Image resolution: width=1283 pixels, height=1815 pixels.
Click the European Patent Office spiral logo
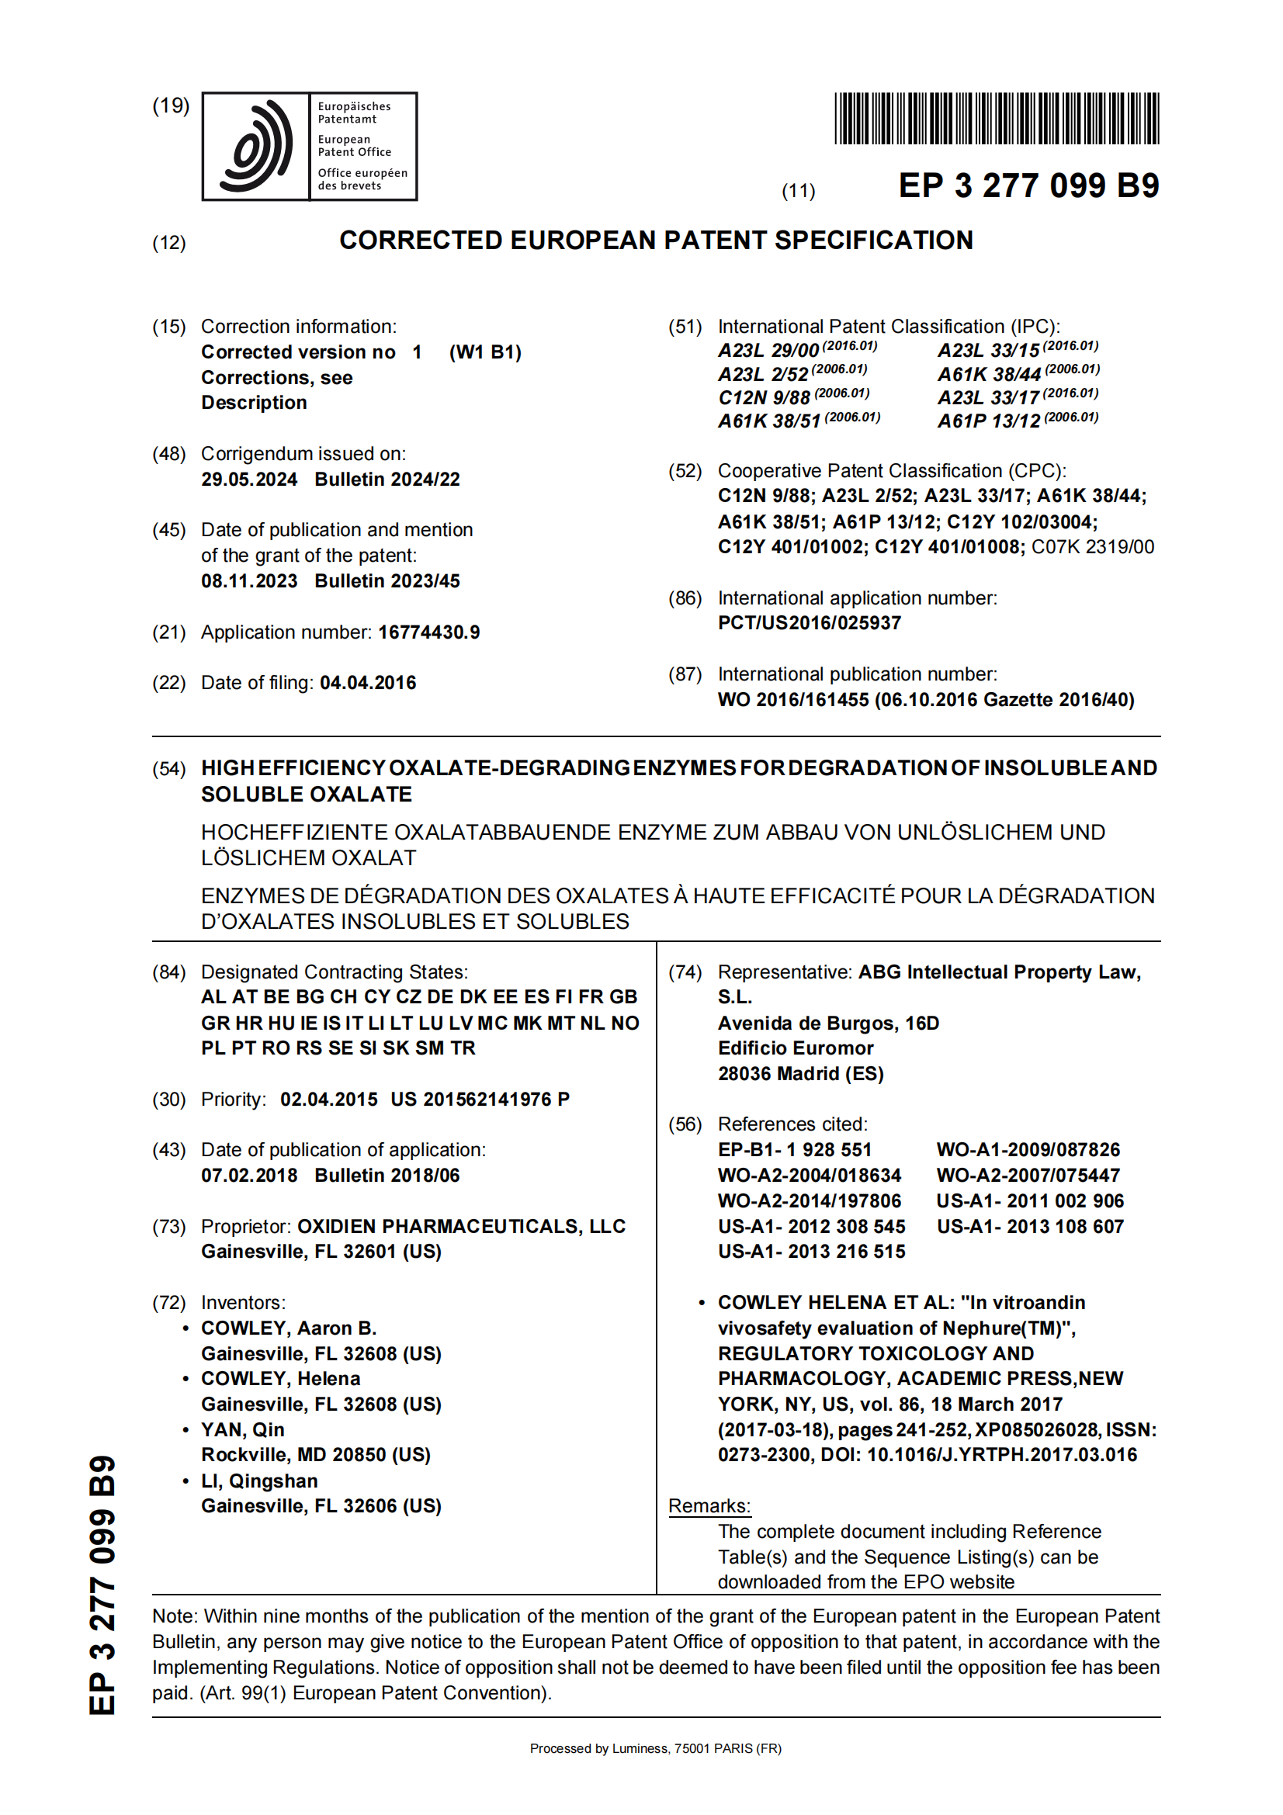pos(255,146)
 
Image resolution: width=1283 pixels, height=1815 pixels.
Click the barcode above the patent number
pos(996,119)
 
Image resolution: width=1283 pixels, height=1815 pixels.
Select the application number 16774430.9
pos(428,632)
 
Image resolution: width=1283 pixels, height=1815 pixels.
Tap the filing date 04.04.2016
pos(368,683)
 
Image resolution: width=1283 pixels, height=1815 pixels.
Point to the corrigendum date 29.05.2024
pos(249,480)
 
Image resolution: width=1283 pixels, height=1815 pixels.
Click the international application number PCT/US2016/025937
pos(809,623)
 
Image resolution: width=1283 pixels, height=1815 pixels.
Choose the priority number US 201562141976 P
pos(480,1100)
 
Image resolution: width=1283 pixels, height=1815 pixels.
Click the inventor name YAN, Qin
pos(243,1430)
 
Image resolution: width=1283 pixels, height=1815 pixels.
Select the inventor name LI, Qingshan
pos(259,1481)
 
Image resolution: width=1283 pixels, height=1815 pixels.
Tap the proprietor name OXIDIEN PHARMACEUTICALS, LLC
pos(461,1227)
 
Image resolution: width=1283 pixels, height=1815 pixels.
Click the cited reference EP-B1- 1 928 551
pos(795,1150)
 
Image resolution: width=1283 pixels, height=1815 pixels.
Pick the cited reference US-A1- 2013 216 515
pos(811,1252)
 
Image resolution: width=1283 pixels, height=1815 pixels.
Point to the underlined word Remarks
pos(709,1507)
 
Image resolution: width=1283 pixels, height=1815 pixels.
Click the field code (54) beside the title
pos(169,769)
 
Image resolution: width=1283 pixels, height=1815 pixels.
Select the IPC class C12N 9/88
pos(764,397)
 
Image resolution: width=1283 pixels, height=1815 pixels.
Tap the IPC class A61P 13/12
pos(988,421)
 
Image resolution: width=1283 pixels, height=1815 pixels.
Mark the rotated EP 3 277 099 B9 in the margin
pos(102,1586)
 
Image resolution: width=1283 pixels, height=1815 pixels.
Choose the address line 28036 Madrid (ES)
pos(800,1073)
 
